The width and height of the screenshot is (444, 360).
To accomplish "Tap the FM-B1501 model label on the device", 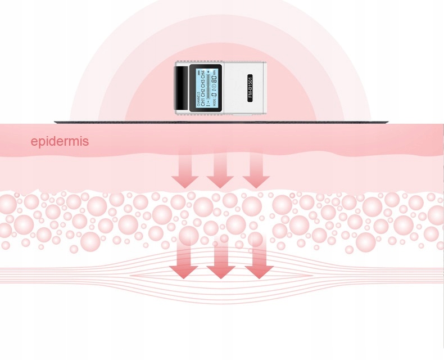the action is (x=251, y=87).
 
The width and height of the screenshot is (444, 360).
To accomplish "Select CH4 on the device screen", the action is (x=203, y=74).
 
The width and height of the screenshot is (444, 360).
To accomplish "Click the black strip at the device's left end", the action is (x=182, y=87).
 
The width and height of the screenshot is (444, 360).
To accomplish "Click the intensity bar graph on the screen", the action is (x=208, y=89).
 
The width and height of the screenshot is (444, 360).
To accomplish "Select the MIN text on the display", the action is (x=215, y=71).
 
